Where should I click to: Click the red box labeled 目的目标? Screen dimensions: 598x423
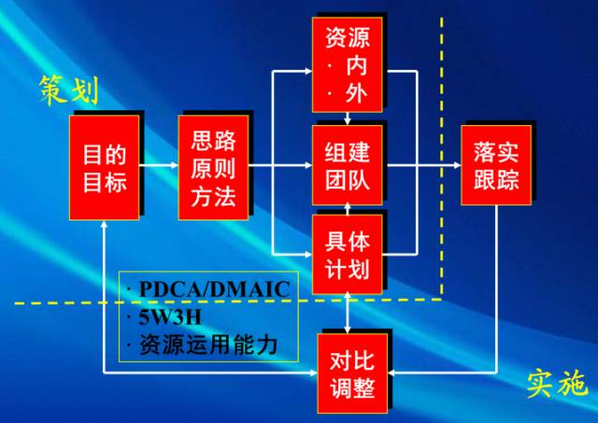click(104, 167)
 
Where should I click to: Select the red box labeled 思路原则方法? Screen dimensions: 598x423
click(213, 168)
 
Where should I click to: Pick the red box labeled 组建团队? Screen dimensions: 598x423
click(347, 167)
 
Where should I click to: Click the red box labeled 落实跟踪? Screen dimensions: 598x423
click(495, 165)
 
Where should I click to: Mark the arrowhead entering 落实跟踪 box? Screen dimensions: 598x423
click(455, 168)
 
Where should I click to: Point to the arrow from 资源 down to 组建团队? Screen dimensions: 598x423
click(347, 118)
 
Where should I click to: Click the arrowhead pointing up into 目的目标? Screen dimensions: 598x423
click(104, 226)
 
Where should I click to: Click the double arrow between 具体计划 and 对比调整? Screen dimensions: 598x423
click(347, 310)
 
